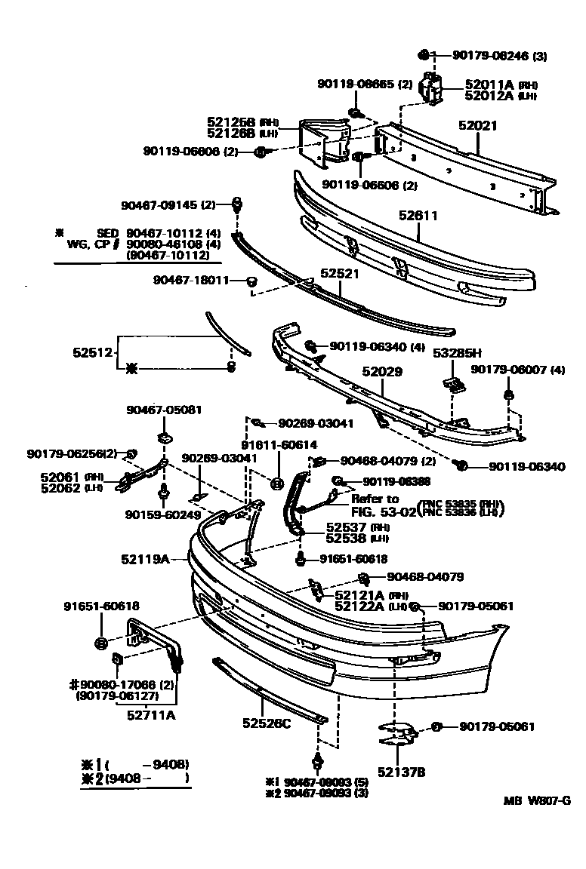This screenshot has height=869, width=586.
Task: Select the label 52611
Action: coord(418,216)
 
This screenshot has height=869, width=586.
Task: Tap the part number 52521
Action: coord(340,274)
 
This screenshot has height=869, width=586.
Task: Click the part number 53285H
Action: coord(456,353)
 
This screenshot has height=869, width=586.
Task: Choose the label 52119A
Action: coord(143,559)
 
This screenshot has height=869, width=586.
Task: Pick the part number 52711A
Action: coord(151,715)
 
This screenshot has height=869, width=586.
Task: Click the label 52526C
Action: coord(267,723)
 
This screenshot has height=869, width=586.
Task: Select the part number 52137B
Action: coord(402,771)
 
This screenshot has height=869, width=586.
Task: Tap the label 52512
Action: coord(93,352)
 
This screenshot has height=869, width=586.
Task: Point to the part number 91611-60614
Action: coord(279,445)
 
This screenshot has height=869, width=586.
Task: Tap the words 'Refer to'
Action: coord(375,499)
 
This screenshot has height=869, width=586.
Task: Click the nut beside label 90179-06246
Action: coord(425,54)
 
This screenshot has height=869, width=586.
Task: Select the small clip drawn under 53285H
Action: coord(454,384)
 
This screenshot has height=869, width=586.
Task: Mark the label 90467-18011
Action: coord(190,280)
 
